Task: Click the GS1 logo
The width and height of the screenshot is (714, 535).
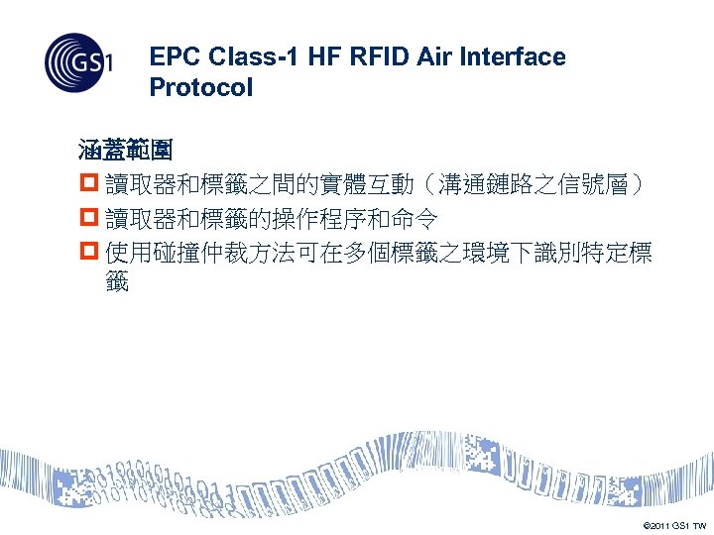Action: tap(78, 64)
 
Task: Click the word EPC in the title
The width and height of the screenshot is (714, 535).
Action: tap(171, 57)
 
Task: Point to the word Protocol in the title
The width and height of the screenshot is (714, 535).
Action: tap(201, 87)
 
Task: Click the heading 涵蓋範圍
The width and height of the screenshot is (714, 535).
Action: tap(126, 152)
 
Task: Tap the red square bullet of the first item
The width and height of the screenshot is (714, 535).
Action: tap(88, 185)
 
